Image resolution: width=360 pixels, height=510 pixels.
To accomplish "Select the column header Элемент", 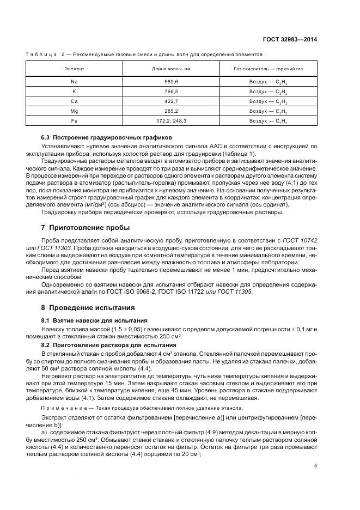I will [74, 69].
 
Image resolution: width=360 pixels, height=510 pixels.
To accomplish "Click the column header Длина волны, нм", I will [171, 69].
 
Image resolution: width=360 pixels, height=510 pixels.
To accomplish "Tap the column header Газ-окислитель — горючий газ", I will [268, 69].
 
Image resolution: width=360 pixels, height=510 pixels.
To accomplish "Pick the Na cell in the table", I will [74, 81].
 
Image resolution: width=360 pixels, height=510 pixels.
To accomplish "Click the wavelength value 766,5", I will [171, 91].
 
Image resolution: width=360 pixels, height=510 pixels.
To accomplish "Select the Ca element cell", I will [74, 101].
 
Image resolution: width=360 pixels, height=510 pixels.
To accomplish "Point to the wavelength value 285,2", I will [171, 111].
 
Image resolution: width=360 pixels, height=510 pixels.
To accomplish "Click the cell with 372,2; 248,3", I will [171, 121].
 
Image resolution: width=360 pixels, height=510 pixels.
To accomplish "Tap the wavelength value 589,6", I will [171, 81].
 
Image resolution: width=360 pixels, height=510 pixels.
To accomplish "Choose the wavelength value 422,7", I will [171, 101].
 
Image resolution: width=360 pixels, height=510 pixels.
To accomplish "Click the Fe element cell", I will [74, 121].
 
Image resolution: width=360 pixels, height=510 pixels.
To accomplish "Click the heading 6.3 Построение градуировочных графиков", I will [107, 138].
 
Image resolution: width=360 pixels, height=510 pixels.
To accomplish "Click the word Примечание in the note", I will [59, 408].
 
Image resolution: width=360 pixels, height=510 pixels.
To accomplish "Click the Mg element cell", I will [74, 111].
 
